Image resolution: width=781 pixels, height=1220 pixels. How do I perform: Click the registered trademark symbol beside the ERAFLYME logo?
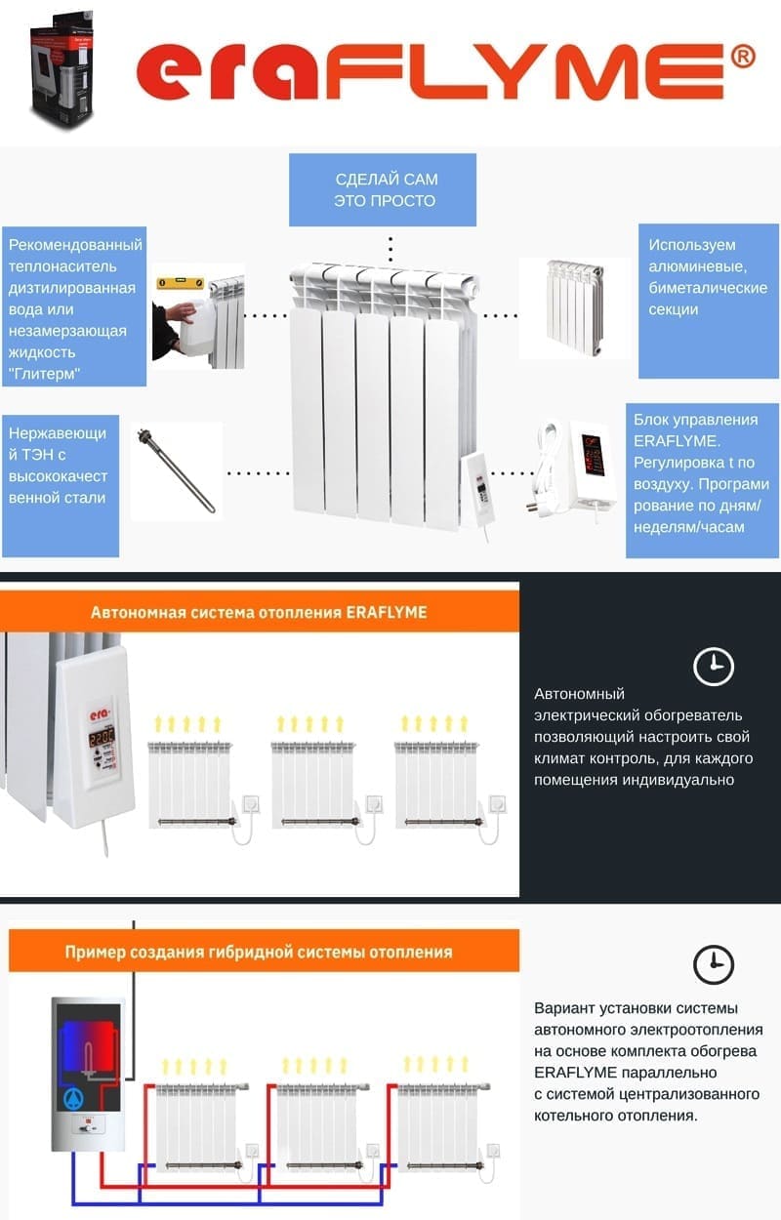click(742, 57)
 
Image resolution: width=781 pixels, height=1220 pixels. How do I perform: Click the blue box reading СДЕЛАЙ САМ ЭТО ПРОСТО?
click(383, 189)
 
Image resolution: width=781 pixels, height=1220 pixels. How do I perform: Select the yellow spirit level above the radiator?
click(181, 283)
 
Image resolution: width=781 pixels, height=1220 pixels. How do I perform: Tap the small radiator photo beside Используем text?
click(575, 307)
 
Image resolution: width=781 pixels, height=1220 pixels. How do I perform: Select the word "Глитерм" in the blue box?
click(45, 374)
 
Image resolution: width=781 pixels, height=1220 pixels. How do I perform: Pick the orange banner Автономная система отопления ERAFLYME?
click(260, 612)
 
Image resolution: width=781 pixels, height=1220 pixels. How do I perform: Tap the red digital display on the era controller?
click(102, 739)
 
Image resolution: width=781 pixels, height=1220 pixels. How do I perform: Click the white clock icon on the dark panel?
click(714, 667)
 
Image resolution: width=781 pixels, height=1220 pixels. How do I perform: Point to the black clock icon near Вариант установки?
click(714, 964)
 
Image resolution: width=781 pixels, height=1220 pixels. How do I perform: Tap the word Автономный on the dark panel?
click(579, 694)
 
